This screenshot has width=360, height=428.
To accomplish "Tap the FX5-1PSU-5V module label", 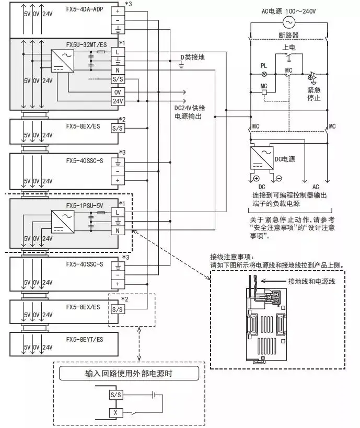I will (84, 205).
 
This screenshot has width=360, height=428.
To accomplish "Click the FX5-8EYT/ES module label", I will (84, 339).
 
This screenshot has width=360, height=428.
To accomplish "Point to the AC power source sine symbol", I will (287, 21).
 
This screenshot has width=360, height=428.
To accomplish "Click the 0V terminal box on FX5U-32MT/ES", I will (118, 91).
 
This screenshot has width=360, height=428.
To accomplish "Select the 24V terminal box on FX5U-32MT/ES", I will (118, 101).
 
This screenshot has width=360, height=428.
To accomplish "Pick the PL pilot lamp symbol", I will (264, 75).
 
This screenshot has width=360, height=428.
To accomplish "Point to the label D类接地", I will (193, 57).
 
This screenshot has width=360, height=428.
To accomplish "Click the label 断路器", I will (287, 36).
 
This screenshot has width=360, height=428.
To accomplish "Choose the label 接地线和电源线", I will (310, 281).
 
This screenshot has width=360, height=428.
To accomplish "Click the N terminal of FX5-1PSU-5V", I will (118, 230).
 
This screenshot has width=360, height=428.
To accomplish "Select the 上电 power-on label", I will (288, 47).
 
